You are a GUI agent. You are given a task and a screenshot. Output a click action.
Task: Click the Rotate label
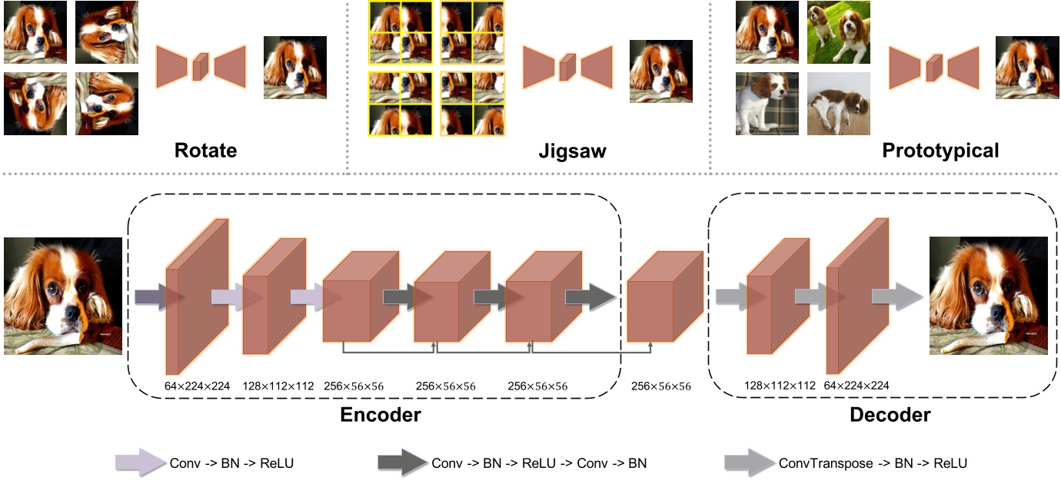pos(205,151)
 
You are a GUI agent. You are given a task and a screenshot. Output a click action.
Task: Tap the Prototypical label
pos(941,151)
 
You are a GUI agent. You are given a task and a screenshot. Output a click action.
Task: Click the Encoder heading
pos(381,415)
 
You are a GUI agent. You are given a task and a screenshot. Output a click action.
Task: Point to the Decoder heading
pos(890,415)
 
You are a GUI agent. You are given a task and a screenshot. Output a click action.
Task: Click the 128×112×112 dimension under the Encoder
pos(278,386)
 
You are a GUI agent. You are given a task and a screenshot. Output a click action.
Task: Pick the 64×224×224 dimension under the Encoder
pos(198,386)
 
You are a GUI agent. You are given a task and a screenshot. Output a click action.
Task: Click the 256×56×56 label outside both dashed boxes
pos(661,386)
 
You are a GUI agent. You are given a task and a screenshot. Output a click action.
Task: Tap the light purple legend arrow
pos(140,463)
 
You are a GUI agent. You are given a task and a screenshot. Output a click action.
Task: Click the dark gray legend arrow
pos(401,463)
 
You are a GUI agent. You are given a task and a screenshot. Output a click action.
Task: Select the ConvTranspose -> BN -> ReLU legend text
pos(873,463)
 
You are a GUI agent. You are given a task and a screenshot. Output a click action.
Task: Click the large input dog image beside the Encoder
pos(63,296)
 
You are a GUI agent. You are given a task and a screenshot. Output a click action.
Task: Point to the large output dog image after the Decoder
pos(989,296)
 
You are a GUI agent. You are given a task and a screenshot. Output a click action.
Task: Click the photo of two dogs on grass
pos(839,32)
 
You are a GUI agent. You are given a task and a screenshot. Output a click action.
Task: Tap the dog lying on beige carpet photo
pos(839,104)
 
